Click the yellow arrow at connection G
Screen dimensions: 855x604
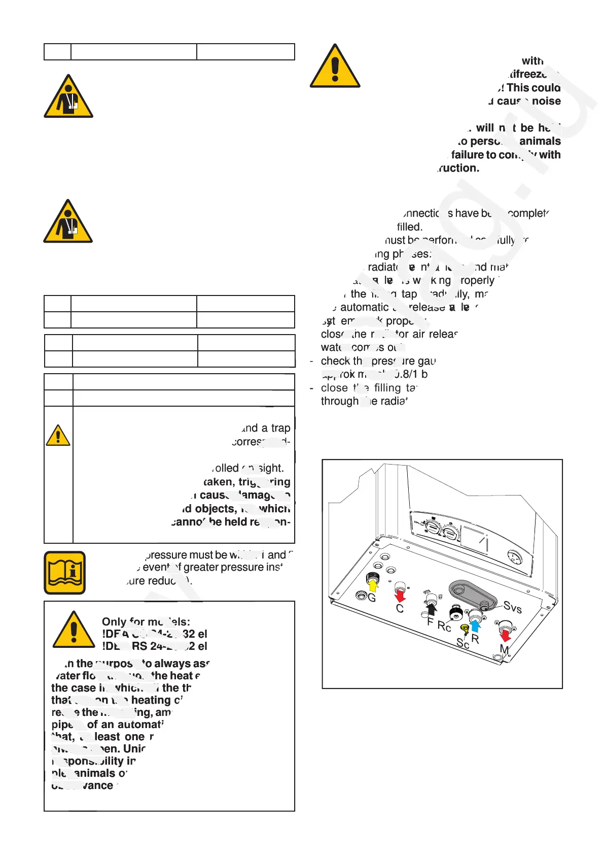pyautogui.click(x=373, y=585)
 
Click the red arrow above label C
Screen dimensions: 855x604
pyautogui.click(x=400, y=595)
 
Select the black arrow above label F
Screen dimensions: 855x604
pyautogui.click(x=432, y=609)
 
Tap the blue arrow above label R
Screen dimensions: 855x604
pyautogui.click(x=475, y=625)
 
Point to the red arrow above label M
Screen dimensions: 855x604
pyautogui.click(x=505, y=636)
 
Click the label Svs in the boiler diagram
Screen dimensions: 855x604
pyautogui.click(x=512, y=607)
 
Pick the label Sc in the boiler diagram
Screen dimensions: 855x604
pyautogui.click(x=463, y=643)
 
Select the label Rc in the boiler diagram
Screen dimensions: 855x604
pyautogui.click(x=444, y=627)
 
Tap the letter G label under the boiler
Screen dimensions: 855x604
pyautogui.click(x=372, y=598)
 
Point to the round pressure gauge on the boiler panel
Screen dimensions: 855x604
pyautogui.click(x=515, y=556)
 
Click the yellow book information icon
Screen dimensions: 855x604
pyautogui.click(x=65, y=572)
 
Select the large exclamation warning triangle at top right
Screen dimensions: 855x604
pyautogui.click(x=335, y=67)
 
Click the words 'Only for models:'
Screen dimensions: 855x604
pyautogui.click(x=146, y=621)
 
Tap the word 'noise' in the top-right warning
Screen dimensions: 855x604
pyautogui.click(x=546, y=101)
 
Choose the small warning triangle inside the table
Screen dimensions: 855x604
pyautogui.click(x=58, y=435)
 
